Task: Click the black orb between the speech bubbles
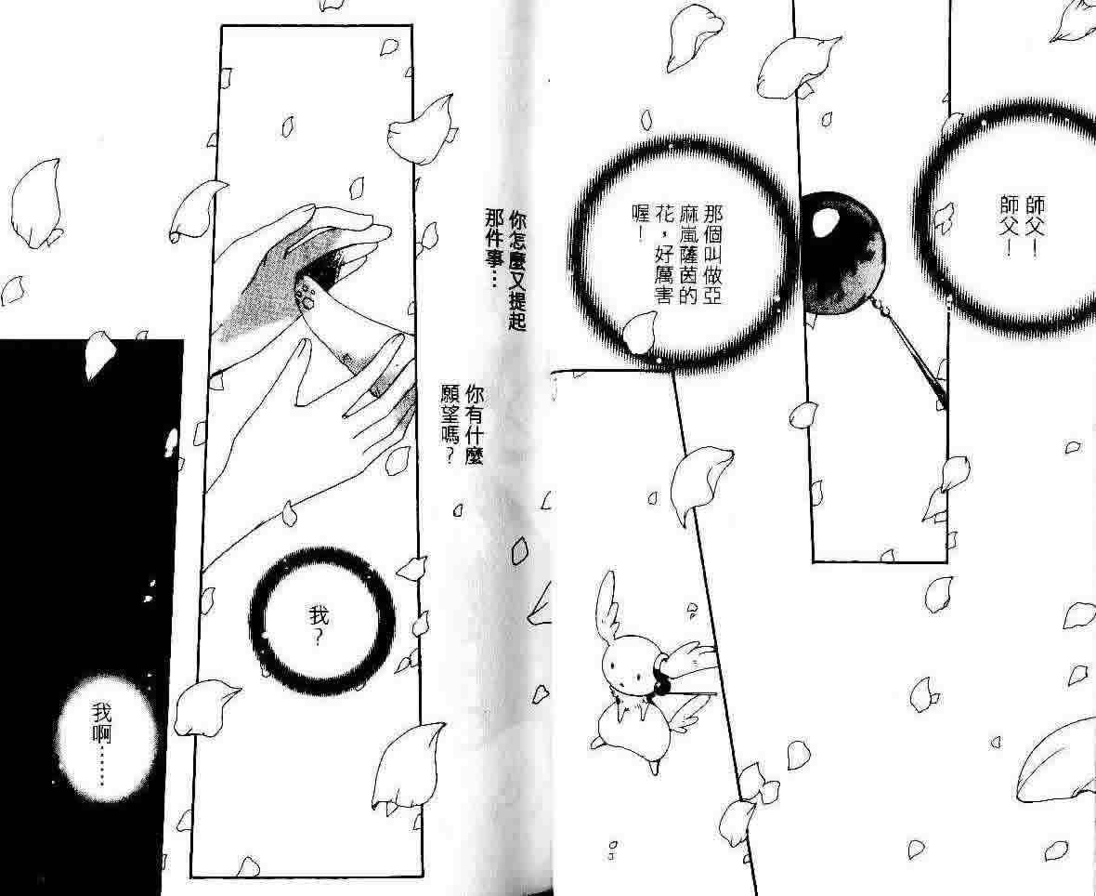coord(842,252)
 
